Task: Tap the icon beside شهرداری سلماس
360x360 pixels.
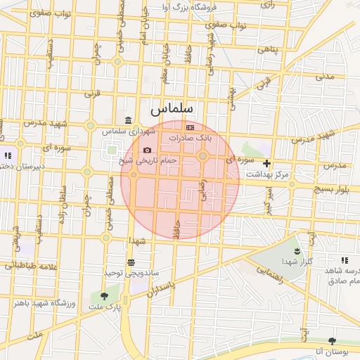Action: pos(127,120)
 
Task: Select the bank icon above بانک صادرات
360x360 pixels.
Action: pos(190,127)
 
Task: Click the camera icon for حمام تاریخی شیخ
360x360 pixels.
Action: pos(146,150)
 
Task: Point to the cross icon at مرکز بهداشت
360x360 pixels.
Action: pos(266,163)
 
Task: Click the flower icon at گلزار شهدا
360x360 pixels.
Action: pos(297,251)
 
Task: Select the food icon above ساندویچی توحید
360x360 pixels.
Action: pos(131,262)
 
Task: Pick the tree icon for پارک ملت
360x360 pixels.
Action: pos(105,296)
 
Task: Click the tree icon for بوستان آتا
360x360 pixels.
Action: pos(332,341)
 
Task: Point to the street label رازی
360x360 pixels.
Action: pos(268,4)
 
